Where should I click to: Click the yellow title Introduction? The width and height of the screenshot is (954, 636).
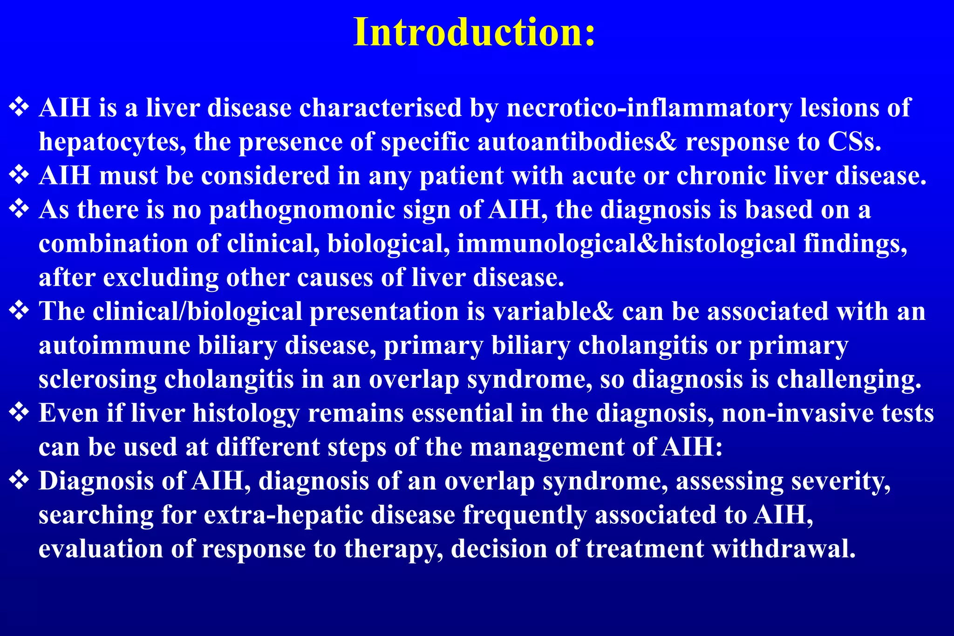pyautogui.click(x=474, y=33)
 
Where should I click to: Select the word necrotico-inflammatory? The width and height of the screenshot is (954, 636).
pyautogui.click(x=649, y=108)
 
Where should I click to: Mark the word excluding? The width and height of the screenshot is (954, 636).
pyautogui.click(x=161, y=278)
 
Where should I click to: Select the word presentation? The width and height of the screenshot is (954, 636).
pyautogui.click(x=384, y=311)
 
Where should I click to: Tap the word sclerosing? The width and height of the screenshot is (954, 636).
pyautogui.click(x=97, y=379)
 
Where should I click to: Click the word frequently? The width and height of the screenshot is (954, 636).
pyautogui.click(x=525, y=515)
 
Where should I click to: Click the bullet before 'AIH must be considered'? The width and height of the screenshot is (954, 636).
pyautogui.click(x=19, y=176)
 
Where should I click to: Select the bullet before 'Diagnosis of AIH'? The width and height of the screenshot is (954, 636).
pyautogui.click(x=19, y=480)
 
